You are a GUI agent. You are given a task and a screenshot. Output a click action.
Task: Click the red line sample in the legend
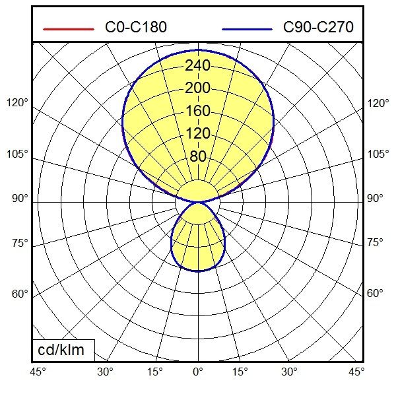pyautogui.click(x=69, y=29)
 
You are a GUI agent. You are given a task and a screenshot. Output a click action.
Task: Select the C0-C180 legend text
pyautogui.click(x=136, y=28)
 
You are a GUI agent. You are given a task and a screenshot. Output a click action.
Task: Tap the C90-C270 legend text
pyautogui.click(x=318, y=28)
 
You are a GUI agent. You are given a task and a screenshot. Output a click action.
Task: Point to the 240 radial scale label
pyautogui.click(x=198, y=65)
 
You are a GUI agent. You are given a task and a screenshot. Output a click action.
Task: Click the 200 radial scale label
pyautogui.click(x=198, y=88)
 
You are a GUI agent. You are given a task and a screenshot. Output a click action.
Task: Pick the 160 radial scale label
pyautogui.click(x=198, y=111)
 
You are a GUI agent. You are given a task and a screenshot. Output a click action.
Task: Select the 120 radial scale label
pyautogui.click(x=198, y=133)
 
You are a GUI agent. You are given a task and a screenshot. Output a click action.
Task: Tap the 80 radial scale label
pyautogui.click(x=198, y=156)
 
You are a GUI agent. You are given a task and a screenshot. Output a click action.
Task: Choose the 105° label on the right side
pyautogui.click(x=378, y=154)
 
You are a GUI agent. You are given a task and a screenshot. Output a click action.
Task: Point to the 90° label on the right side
pyautogui.click(x=375, y=199)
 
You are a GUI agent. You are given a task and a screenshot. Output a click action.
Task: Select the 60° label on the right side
pyautogui.click(x=375, y=293)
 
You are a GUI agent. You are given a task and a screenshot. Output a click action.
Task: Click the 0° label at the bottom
pyautogui.click(x=198, y=372)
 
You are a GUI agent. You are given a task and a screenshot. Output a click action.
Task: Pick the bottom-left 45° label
pyautogui.click(x=38, y=372)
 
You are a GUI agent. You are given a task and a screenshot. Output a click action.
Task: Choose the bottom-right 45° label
pyautogui.click(x=357, y=372)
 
